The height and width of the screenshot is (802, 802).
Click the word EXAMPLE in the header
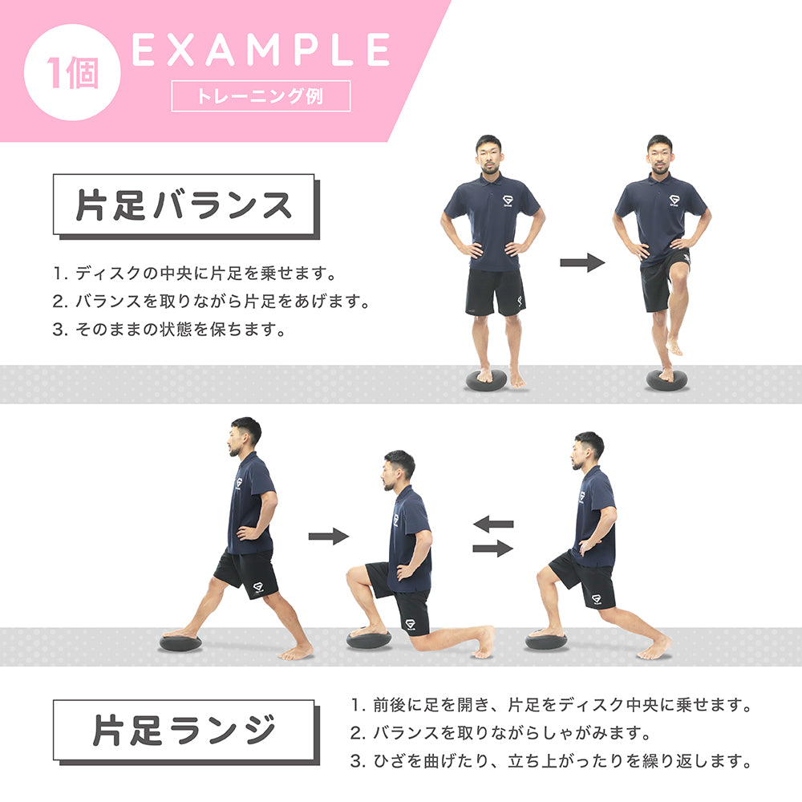(x=261, y=51)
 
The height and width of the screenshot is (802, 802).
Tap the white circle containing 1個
(x=73, y=73)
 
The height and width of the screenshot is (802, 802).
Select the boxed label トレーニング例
(x=261, y=96)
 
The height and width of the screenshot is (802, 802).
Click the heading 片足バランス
(x=184, y=205)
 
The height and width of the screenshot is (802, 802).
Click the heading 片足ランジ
(x=184, y=731)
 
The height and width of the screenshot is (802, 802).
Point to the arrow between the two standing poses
(x=582, y=262)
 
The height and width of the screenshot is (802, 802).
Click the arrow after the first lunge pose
(x=329, y=537)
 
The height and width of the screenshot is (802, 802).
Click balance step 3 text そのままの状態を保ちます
(x=168, y=330)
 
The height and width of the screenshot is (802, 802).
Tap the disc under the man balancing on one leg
(x=668, y=380)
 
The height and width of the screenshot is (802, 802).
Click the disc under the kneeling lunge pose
(x=369, y=639)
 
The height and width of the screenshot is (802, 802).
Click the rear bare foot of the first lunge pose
(x=298, y=652)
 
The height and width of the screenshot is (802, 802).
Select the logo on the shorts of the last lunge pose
(x=596, y=599)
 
